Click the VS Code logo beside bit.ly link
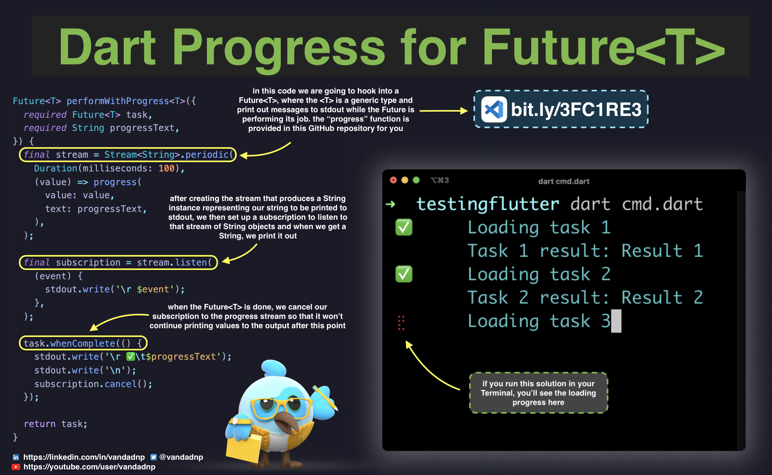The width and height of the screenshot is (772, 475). click(x=494, y=109)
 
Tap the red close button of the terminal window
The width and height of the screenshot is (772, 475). click(x=393, y=180)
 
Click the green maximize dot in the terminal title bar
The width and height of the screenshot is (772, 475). click(x=416, y=180)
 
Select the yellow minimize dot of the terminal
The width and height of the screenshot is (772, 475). click(x=405, y=180)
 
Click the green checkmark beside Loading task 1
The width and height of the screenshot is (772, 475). click(x=404, y=227)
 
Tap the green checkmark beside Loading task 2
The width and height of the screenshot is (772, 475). click(x=404, y=274)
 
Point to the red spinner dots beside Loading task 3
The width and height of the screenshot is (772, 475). click(x=401, y=323)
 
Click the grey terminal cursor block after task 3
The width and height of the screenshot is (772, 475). click(x=616, y=321)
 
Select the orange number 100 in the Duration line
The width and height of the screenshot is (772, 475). click(x=166, y=168)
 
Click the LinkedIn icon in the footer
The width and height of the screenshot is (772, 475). click(x=16, y=457)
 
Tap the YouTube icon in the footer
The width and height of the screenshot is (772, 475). click(x=16, y=467)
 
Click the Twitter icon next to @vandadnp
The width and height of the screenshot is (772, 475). click(x=154, y=457)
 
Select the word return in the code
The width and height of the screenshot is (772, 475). click(x=40, y=424)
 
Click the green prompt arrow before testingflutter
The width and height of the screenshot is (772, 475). click(x=390, y=204)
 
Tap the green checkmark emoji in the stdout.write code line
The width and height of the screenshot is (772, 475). click(x=131, y=357)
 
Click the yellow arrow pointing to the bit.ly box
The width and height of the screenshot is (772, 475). click(x=444, y=111)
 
